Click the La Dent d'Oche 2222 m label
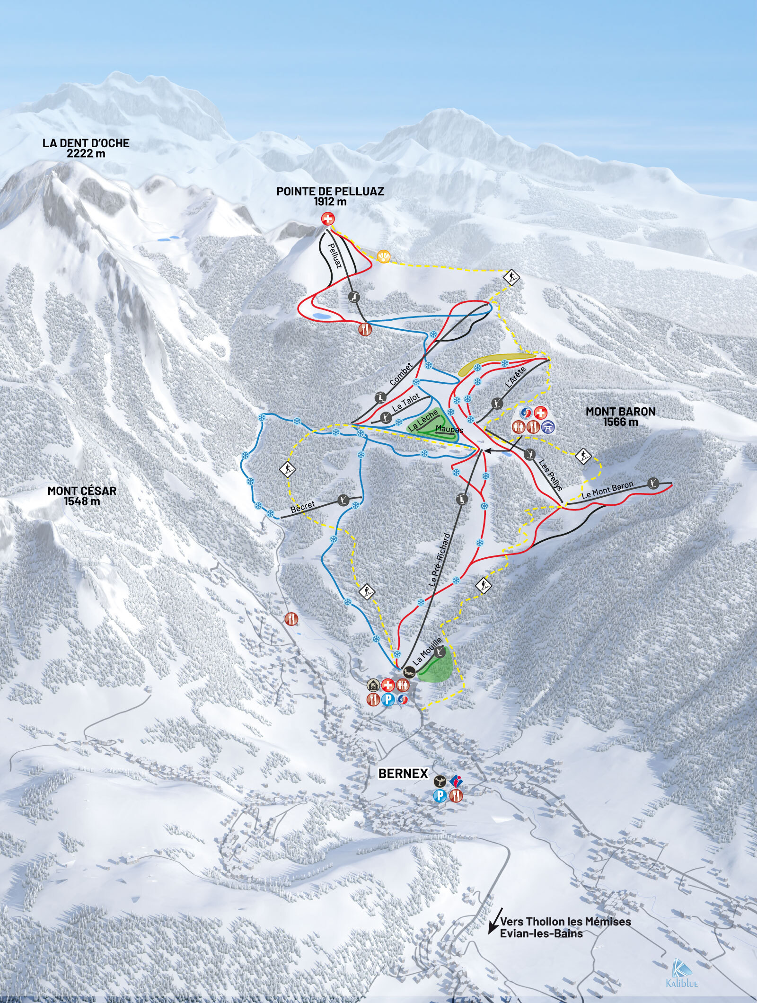86,148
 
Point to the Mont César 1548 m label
81,496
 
